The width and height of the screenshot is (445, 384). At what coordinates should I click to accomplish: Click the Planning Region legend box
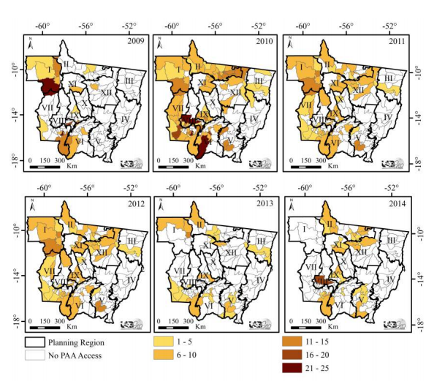33,342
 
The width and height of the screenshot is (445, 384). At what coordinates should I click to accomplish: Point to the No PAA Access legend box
33,355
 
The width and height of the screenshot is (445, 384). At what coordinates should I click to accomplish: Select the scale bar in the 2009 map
48,166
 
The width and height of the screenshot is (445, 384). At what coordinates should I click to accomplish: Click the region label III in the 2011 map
389,77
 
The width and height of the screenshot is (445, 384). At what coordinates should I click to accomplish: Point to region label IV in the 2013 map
261,279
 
